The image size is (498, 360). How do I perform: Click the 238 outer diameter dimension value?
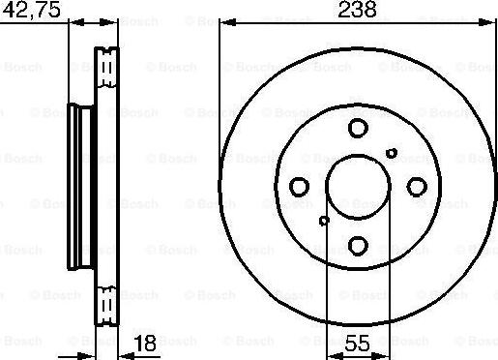click(357, 11)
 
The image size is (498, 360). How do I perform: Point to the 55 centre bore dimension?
click(358, 342)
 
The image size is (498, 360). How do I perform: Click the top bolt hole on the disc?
click(358, 128)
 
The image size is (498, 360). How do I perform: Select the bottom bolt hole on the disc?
click(358, 246)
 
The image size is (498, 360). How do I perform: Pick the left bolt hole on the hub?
click(299, 187)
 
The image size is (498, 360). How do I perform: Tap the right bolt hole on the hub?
click(417, 187)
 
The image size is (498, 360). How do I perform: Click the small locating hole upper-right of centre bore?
click(392, 152)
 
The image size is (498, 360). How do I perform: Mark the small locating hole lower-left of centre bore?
click(324, 221)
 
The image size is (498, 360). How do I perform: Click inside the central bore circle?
click(358, 187)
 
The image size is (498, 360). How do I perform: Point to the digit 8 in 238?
click(370, 11)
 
